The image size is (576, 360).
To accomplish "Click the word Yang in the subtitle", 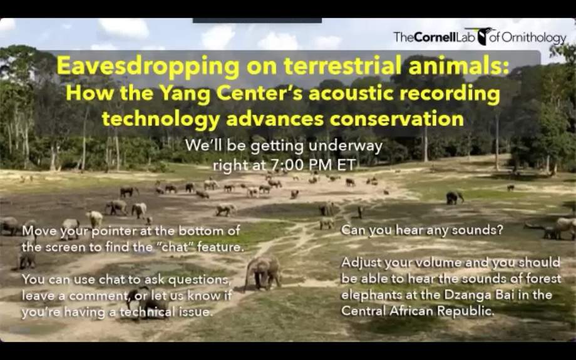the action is point(187,94).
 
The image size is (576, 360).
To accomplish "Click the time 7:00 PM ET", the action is point(313,165).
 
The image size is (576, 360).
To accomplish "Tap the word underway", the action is point(346,147).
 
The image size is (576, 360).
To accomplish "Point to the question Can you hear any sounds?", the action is point(422,230).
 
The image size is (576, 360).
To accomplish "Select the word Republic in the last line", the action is point(466,312).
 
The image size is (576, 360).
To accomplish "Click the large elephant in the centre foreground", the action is point(263,272).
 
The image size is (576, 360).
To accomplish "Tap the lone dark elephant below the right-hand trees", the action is point(455,198).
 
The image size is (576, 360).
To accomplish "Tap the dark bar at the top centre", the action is point(257,21).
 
